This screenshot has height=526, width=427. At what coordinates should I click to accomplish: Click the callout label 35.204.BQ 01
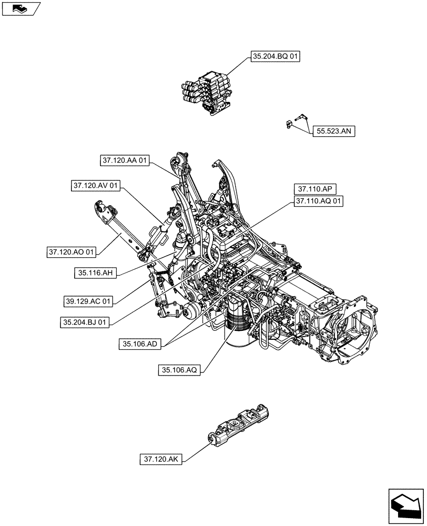275,57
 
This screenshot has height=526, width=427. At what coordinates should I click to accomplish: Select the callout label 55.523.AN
334,131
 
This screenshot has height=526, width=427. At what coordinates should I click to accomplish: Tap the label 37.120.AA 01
124,160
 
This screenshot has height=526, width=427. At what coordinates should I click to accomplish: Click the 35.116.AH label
96,272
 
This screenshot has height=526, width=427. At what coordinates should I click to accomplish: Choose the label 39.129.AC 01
88,301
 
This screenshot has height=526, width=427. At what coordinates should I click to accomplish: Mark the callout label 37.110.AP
316,189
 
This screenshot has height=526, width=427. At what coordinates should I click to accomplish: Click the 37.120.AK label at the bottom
161,459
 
